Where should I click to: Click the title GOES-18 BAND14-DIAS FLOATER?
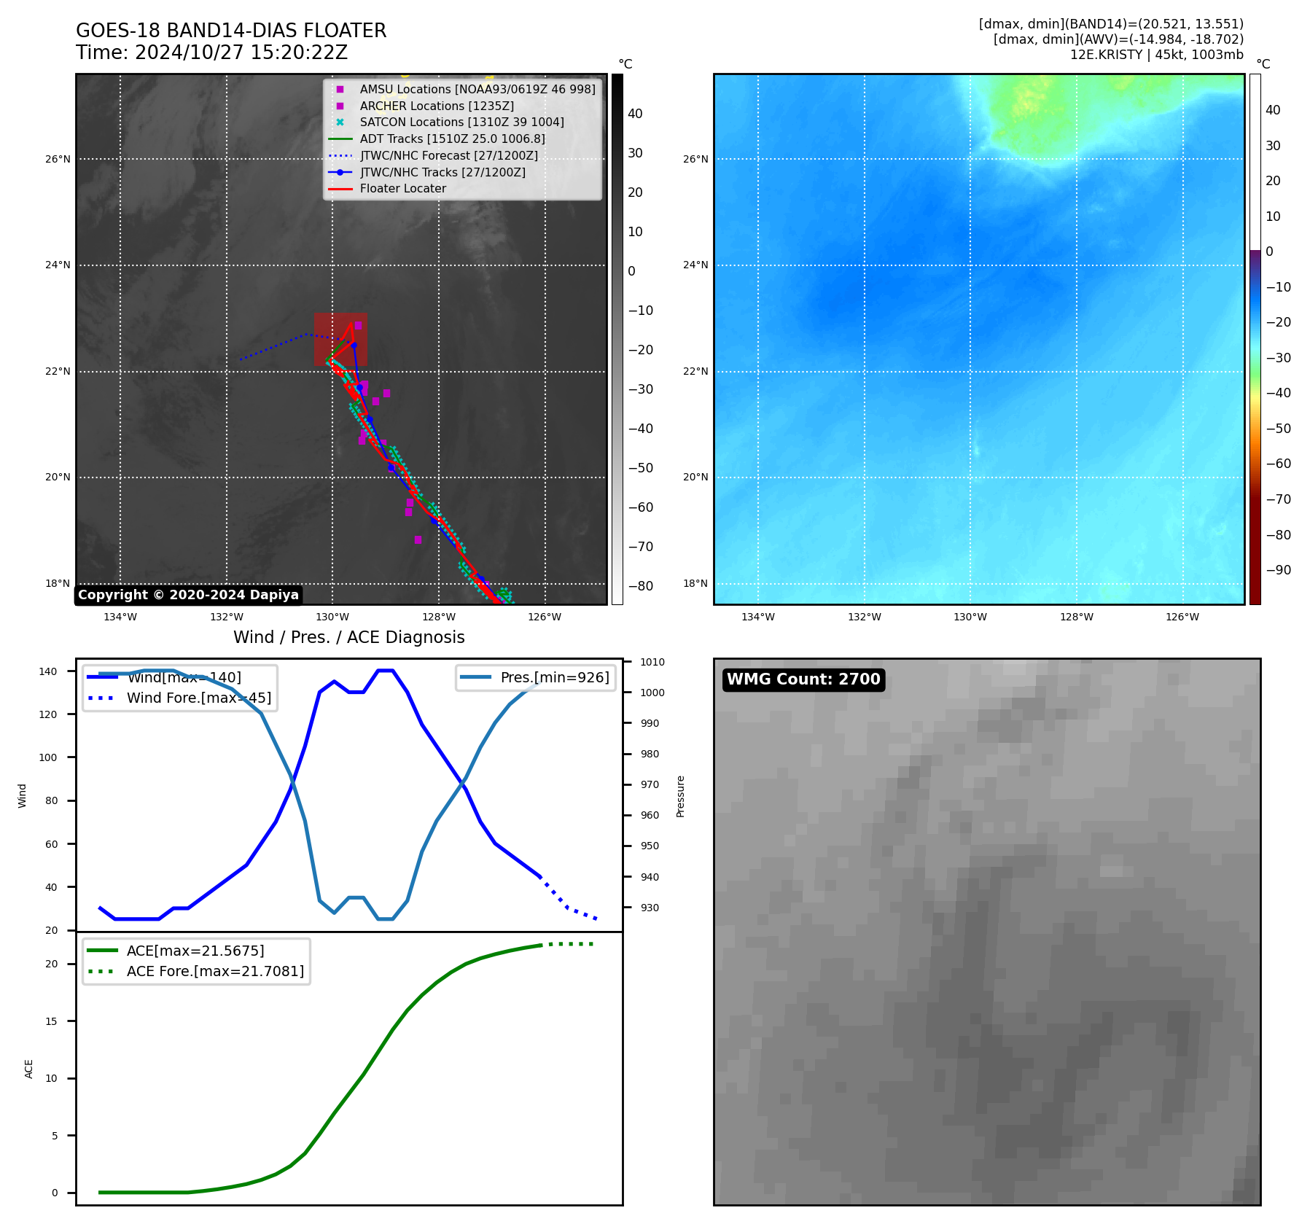231,31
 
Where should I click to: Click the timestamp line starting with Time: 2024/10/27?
211,53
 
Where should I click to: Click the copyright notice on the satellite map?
188,595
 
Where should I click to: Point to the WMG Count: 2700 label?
803,679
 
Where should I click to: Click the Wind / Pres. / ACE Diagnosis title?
348,637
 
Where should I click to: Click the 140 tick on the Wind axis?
48,671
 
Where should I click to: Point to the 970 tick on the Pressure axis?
650,784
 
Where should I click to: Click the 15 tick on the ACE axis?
51,1021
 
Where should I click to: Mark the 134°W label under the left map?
120,617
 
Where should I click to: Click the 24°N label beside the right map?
695,265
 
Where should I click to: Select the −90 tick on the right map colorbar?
1278,570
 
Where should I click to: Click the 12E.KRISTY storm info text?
1156,55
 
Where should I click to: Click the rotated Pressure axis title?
680,796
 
